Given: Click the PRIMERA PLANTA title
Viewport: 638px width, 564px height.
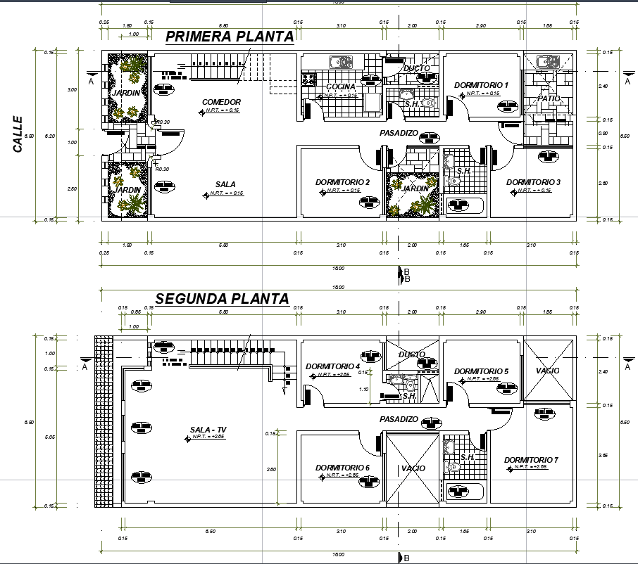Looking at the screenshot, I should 229,37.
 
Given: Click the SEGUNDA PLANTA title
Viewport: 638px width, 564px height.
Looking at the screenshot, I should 222,299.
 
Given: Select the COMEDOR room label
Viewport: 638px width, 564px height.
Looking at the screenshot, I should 221,102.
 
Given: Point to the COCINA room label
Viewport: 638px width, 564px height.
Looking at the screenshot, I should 340,86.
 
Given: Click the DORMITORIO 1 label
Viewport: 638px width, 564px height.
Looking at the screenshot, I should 481,85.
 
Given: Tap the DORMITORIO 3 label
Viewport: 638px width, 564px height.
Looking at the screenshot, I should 533,182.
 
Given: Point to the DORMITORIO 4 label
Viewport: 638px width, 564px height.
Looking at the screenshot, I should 333,366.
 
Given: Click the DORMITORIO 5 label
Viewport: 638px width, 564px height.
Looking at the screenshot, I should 481,371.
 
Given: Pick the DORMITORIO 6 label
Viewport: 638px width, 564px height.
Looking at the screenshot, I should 342,468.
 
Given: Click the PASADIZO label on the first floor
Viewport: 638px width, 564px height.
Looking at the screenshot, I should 399,133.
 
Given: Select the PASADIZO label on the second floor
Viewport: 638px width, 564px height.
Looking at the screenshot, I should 399,419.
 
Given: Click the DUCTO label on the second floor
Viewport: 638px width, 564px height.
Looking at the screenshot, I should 411,354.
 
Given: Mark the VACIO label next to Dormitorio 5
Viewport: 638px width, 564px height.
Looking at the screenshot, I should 547,371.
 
